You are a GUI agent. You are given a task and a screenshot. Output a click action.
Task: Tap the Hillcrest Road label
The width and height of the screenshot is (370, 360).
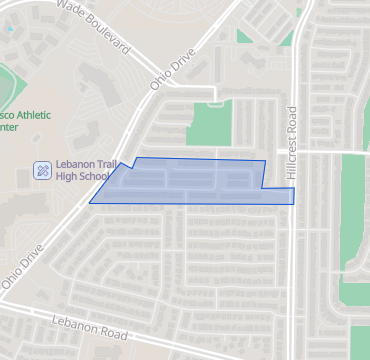292,142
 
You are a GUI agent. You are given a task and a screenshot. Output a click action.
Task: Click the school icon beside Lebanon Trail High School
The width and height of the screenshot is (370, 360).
42,170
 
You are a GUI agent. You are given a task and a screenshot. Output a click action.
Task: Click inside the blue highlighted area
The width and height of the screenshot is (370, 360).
190,183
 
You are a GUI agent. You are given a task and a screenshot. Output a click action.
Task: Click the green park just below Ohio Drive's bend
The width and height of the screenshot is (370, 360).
208,122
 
